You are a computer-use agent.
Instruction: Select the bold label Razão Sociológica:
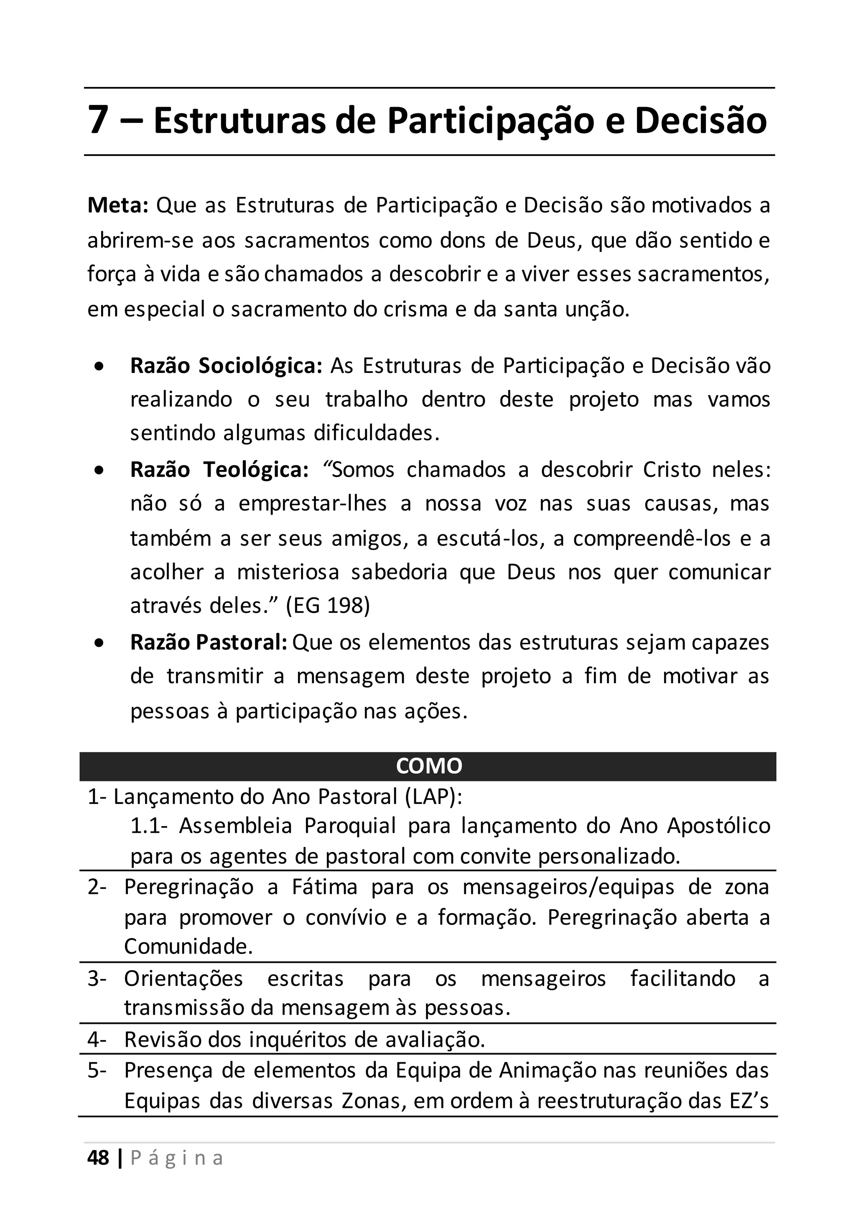point(226,366)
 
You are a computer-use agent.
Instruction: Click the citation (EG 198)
point(328,605)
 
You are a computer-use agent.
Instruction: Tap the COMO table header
point(428,766)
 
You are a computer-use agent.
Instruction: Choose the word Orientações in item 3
point(183,979)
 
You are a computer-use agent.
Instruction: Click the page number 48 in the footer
point(98,1158)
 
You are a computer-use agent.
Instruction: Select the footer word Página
point(177,1158)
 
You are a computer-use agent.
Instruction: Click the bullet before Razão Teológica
point(99,470)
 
